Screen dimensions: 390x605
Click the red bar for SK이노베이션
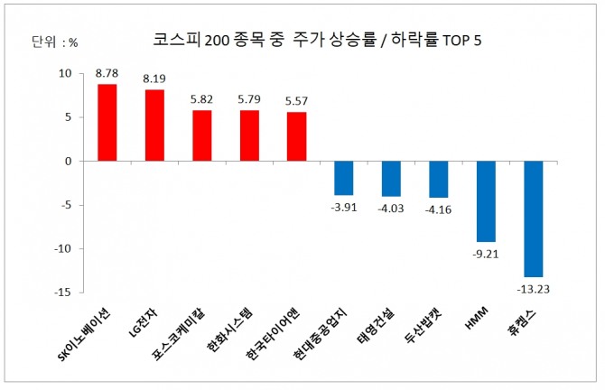(107, 122)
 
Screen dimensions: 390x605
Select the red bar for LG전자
(154, 125)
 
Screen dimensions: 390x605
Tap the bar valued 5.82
(201, 135)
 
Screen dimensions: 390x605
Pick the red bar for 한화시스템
(249, 135)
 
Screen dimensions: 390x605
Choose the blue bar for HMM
(486, 200)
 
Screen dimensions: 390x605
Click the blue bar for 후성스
(534, 218)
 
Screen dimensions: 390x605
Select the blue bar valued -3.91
(344, 178)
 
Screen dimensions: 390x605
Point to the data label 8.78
(107, 74)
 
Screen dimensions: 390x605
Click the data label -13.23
(534, 289)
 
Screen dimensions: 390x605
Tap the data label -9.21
(486, 254)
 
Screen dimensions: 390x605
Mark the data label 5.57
(297, 101)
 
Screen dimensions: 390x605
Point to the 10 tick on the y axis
(65, 74)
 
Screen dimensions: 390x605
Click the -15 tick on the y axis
(63, 292)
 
